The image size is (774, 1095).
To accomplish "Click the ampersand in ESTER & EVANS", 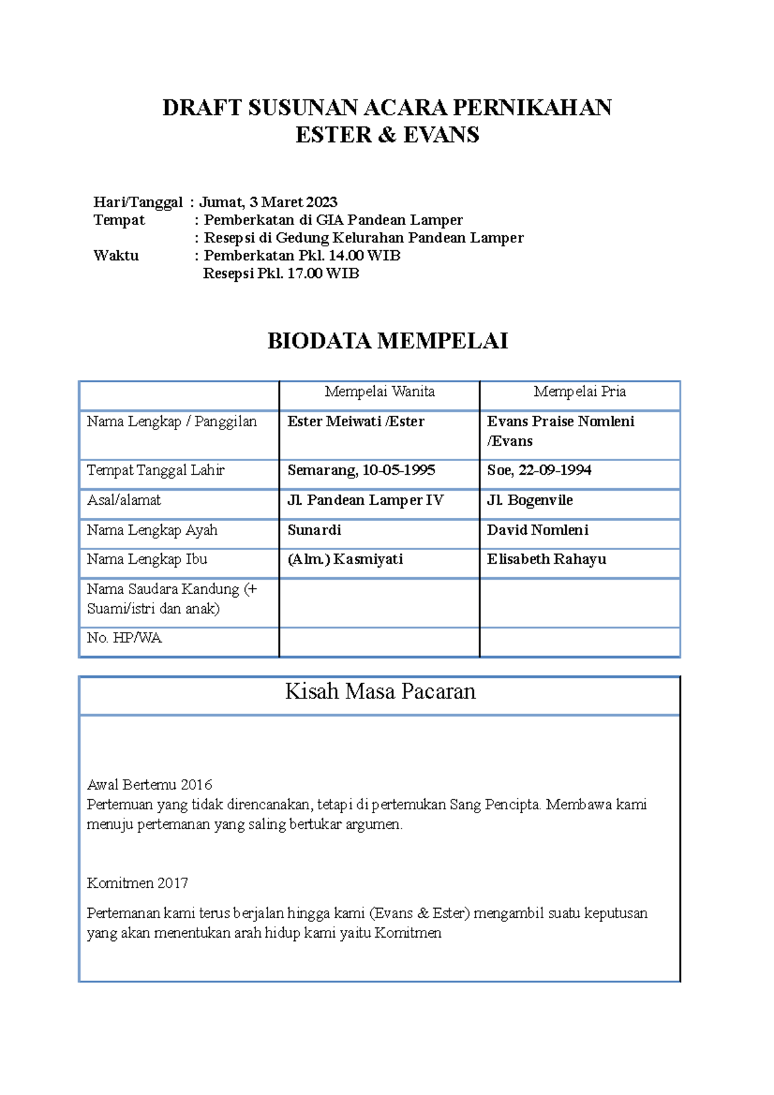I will click(x=388, y=135).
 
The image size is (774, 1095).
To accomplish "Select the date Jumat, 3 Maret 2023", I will click(x=268, y=202).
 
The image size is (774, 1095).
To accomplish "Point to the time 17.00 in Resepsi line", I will click(x=304, y=273).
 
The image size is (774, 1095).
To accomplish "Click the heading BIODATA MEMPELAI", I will click(x=388, y=341).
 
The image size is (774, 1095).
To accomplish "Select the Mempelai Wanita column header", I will click(x=379, y=391).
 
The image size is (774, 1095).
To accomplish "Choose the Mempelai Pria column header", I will click(x=579, y=391).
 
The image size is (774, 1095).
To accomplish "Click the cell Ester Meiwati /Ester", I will click(x=355, y=422).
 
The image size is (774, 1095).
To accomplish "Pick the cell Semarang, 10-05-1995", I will click(x=361, y=470).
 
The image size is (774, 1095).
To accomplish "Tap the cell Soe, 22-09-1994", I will click(x=539, y=470).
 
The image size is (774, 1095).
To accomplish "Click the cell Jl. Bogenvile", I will click(x=530, y=500).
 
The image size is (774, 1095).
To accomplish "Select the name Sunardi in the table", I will click(x=314, y=530).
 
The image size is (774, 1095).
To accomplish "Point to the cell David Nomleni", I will click(x=537, y=530).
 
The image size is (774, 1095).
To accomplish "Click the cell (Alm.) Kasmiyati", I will click(x=345, y=559).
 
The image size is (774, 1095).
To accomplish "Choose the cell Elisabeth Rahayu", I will click(x=546, y=559).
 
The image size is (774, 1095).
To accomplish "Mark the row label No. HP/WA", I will click(x=124, y=638).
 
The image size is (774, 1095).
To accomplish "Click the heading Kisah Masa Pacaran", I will click(x=380, y=692).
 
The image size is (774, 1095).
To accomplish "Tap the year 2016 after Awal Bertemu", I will click(x=196, y=785).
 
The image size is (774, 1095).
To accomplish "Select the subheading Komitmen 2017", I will click(x=137, y=883).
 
